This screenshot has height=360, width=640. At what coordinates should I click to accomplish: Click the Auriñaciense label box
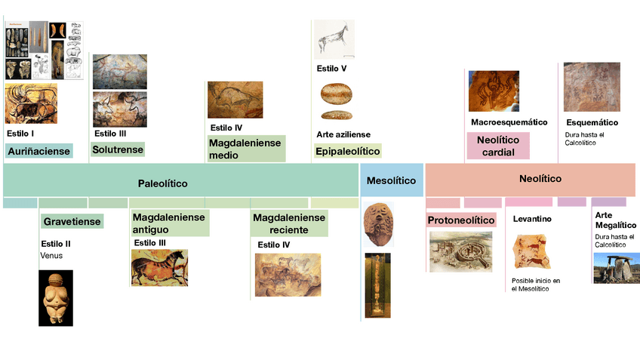[38, 151]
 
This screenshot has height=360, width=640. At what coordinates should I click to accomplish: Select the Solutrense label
[117, 149]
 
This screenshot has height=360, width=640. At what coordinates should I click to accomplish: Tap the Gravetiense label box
[70, 222]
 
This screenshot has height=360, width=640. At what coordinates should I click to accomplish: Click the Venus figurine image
[56, 298]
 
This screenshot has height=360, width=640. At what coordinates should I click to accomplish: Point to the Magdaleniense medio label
[245, 149]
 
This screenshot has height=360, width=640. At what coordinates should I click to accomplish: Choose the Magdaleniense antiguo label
[168, 223]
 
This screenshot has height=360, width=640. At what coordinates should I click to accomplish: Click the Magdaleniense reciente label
[289, 223]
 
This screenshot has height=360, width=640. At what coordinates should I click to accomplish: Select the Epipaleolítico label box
[347, 151]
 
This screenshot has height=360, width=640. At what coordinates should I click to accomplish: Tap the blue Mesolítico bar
[391, 181]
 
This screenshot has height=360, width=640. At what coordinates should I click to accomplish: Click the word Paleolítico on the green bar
[162, 183]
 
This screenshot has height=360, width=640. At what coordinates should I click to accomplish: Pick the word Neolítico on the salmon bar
[540, 179]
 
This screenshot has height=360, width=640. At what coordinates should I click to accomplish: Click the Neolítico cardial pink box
[498, 146]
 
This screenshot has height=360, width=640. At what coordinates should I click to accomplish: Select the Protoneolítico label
[461, 220]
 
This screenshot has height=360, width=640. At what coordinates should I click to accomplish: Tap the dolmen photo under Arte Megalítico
[616, 267]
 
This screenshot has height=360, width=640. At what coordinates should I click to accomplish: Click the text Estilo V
[331, 69]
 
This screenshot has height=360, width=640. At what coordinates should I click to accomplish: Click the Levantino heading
[532, 219]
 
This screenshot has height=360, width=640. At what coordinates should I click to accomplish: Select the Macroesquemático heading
[509, 122]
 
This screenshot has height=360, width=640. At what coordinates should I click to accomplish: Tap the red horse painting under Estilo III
[159, 267]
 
